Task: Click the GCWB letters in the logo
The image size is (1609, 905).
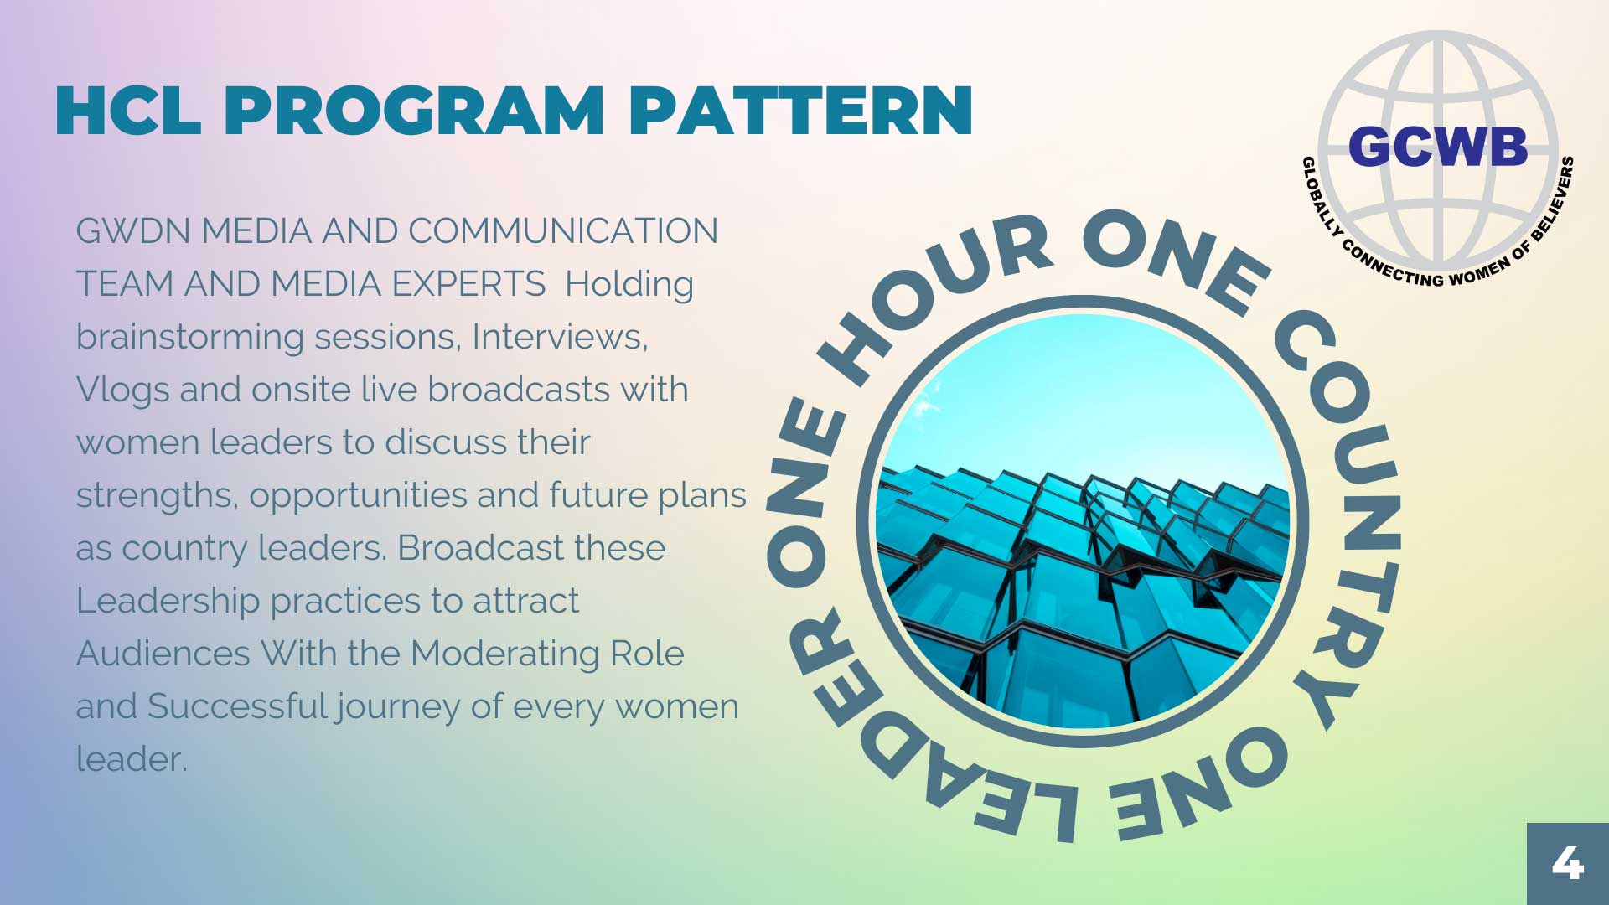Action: click(x=1438, y=147)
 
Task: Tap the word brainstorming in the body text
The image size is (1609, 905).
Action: click(x=190, y=338)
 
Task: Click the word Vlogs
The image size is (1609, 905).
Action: click(x=123, y=390)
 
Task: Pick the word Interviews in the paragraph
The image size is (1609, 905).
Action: click(x=560, y=337)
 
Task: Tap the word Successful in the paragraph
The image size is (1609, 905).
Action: click(x=237, y=706)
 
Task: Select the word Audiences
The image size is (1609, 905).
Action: click(x=163, y=654)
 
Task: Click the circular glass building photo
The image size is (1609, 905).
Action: click(x=1082, y=521)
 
